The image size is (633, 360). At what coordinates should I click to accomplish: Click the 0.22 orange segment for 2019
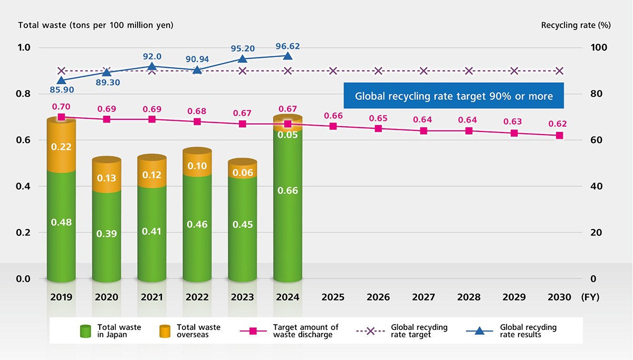tap(61, 146)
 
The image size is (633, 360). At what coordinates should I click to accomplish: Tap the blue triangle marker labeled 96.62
tap(287, 56)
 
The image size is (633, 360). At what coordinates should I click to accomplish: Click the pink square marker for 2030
tap(560, 136)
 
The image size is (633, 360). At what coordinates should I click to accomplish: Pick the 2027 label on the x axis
tap(424, 297)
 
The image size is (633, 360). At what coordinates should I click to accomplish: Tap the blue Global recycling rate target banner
tap(454, 96)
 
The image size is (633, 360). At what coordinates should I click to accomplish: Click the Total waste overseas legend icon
tap(166, 331)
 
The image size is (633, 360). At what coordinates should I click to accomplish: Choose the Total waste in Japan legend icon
tap(85, 331)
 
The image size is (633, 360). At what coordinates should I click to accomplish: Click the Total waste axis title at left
tap(95, 25)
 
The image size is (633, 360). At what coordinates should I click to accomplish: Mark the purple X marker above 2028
tap(469, 71)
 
